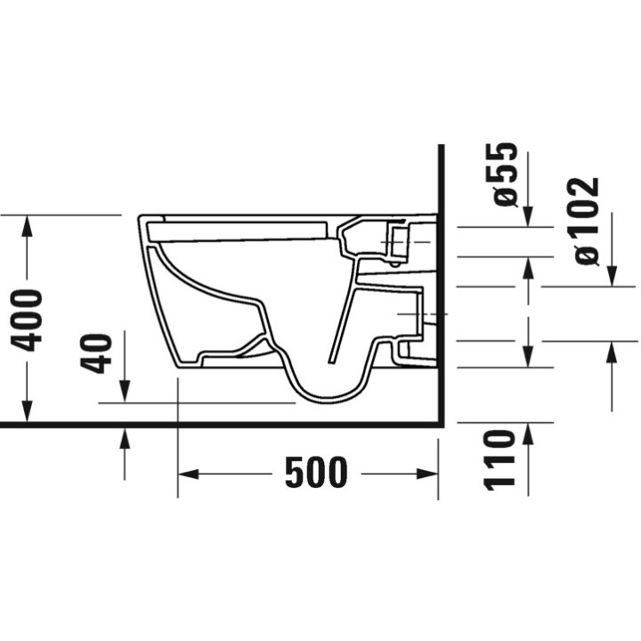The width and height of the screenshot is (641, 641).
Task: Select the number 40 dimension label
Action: (x=100, y=353)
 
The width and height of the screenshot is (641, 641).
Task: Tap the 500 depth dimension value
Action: (x=316, y=472)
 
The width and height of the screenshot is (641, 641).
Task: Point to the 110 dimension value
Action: (x=500, y=458)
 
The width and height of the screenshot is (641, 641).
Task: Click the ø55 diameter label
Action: (x=505, y=174)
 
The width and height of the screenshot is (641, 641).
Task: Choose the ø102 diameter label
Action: (x=587, y=221)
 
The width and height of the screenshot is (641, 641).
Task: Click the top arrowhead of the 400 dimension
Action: (x=28, y=224)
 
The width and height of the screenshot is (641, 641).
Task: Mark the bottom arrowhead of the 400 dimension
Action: (x=28, y=414)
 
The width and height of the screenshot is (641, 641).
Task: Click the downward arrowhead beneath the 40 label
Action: (x=125, y=393)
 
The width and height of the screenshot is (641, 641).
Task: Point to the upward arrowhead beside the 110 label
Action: (x=528, y=434)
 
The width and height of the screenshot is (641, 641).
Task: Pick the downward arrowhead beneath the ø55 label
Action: (x=528, y=216)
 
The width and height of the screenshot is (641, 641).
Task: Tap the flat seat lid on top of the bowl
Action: (x=236, y=231)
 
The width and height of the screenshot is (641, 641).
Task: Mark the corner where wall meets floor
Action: (x=441, y=424)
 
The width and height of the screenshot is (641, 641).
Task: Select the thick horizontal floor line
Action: (x=223, y=424)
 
